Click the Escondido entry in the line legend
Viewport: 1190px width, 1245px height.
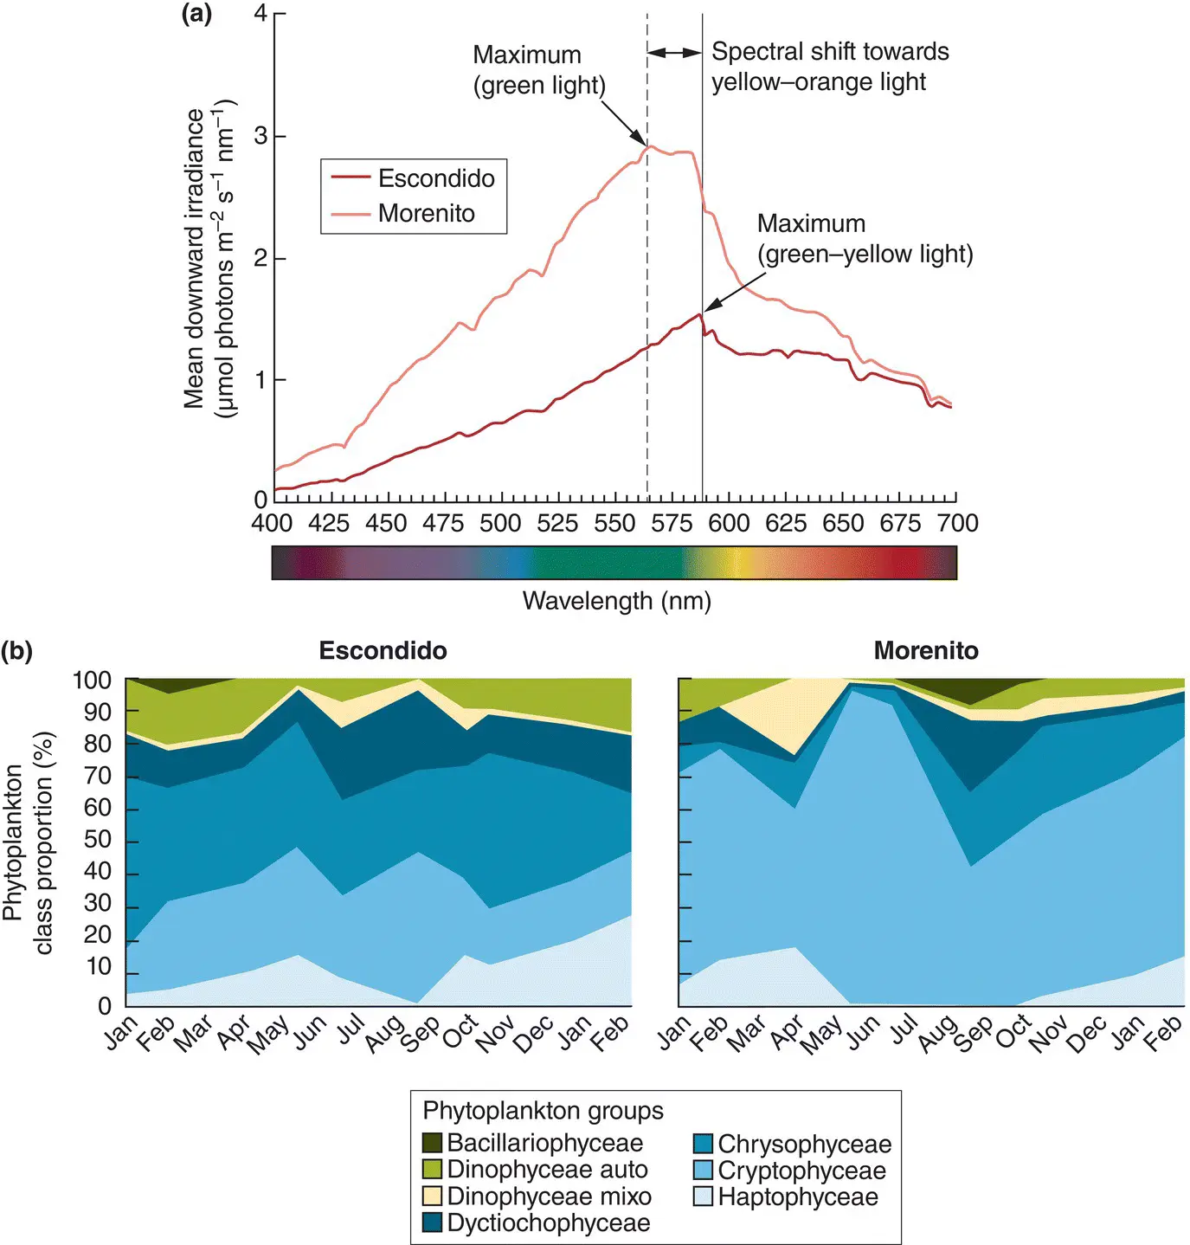pos(436,178)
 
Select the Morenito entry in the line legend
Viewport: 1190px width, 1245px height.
pos(426,213)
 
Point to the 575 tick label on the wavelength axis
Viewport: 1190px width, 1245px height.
pos(672,523)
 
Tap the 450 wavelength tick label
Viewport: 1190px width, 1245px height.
pos(386,523)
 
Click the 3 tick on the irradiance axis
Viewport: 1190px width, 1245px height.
pos(260,137)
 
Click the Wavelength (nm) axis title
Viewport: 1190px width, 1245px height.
pos(616,600)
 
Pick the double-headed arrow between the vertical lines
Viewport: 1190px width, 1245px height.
pos(675,53)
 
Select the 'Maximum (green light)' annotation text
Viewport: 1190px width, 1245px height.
pos(538,70)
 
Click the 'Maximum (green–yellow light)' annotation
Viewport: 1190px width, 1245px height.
pos(865,239)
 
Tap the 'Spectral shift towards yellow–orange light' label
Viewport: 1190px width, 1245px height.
pos(829,67)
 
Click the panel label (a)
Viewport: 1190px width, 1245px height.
pos(196,14)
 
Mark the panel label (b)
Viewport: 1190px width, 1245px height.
pos(17,651)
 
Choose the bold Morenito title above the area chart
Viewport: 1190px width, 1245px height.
pos(926,651)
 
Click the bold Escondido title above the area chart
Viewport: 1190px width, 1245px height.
pos(383,651)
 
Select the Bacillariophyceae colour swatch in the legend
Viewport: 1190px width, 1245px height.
pos(433,1143)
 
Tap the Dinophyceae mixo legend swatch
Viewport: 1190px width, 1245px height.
pos(433,1197)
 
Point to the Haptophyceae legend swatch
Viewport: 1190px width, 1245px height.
pos(703,1197)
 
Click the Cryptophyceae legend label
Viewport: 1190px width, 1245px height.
pos(801,1171)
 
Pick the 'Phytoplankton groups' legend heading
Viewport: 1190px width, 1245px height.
pos(543,1111)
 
